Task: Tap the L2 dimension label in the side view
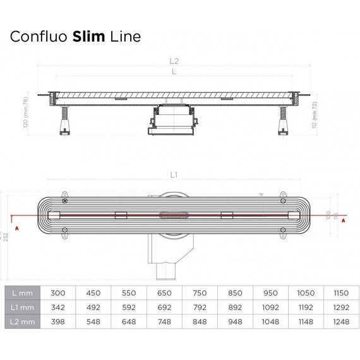click(x=174, y=62)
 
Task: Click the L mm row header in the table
click(x=22, y=292)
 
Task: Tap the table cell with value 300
click(x=58, y=292)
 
